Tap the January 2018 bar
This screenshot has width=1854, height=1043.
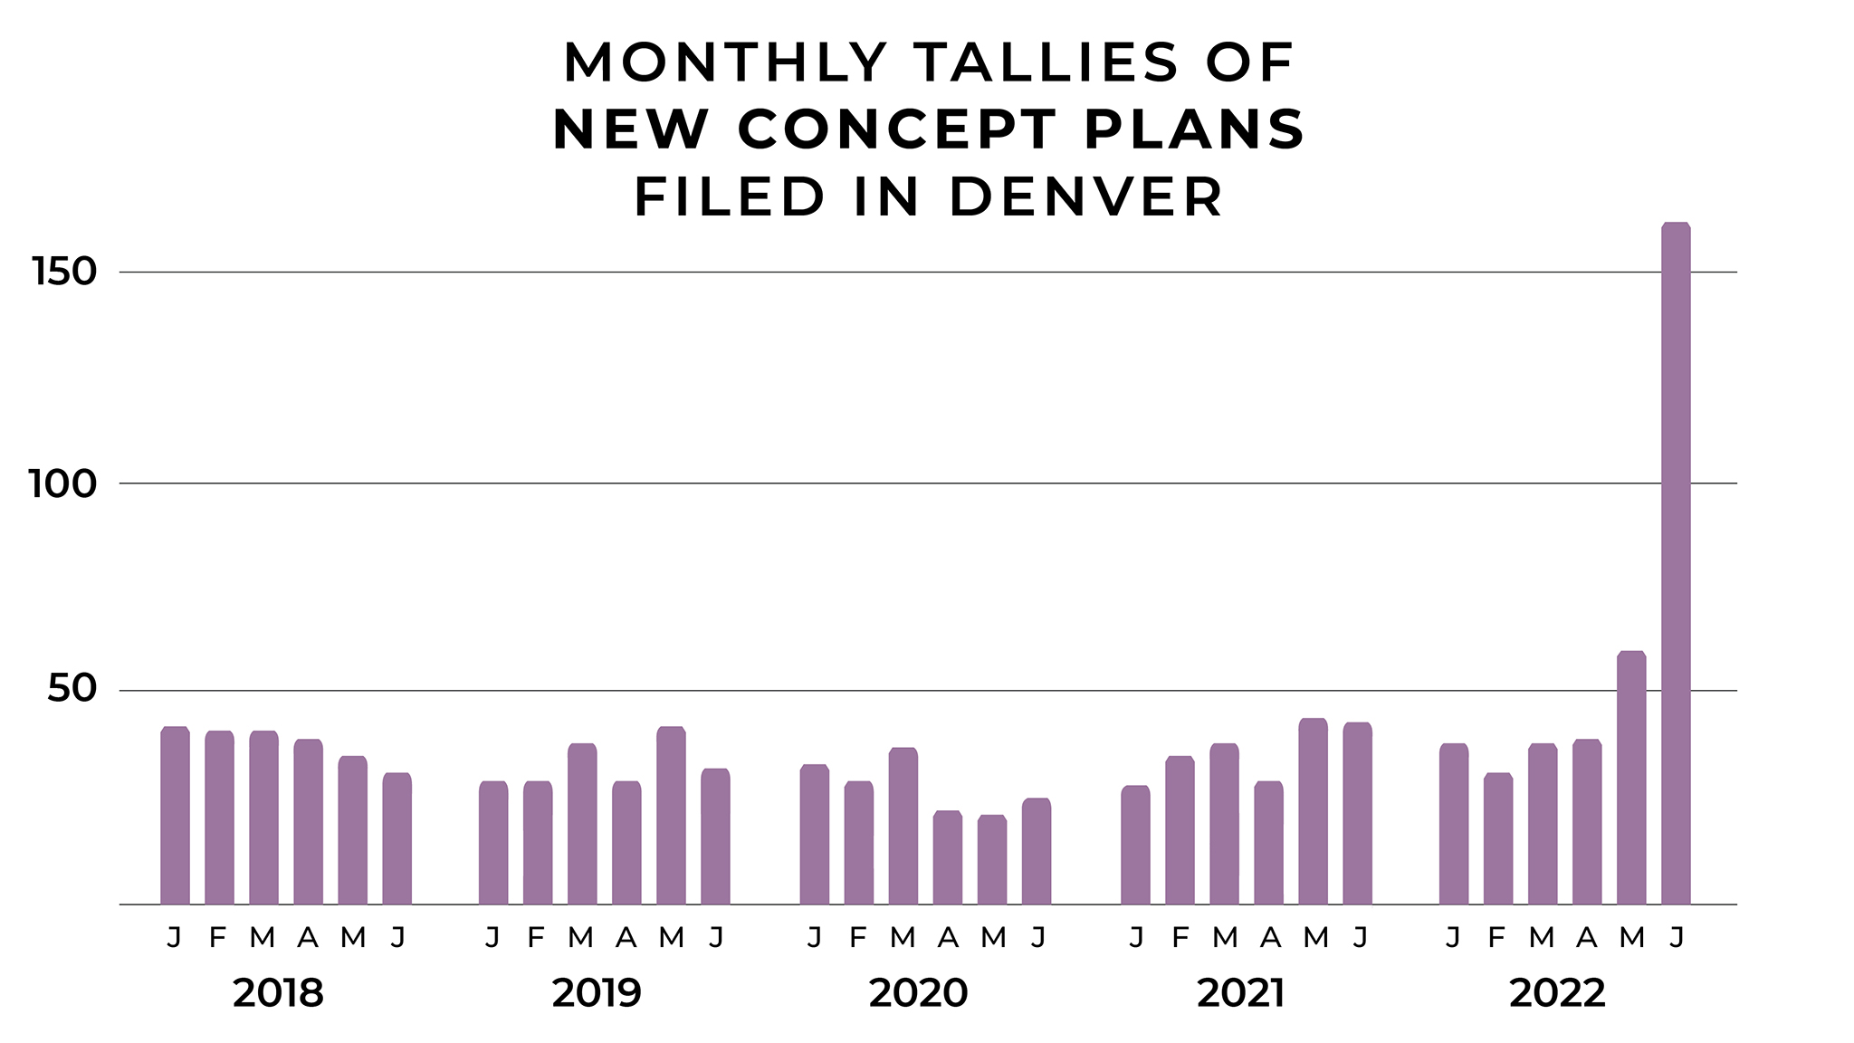175,815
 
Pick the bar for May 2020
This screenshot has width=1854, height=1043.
992,859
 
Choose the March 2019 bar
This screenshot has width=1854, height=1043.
582,823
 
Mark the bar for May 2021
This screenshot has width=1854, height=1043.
1313,810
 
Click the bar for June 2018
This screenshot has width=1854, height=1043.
397,837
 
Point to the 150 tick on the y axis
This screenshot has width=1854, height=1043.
63,272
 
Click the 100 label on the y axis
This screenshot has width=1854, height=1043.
62,484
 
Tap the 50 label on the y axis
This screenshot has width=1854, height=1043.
72,690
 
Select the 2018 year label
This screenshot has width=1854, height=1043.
278,993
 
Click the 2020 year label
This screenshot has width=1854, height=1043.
918,993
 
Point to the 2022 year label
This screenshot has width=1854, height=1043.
1557,993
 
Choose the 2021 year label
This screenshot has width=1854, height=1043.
1240,993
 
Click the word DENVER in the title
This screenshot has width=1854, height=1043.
1085,196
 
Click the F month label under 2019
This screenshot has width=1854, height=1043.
536,937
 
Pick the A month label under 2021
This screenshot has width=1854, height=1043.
1270,937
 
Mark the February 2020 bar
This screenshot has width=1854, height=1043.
858,842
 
